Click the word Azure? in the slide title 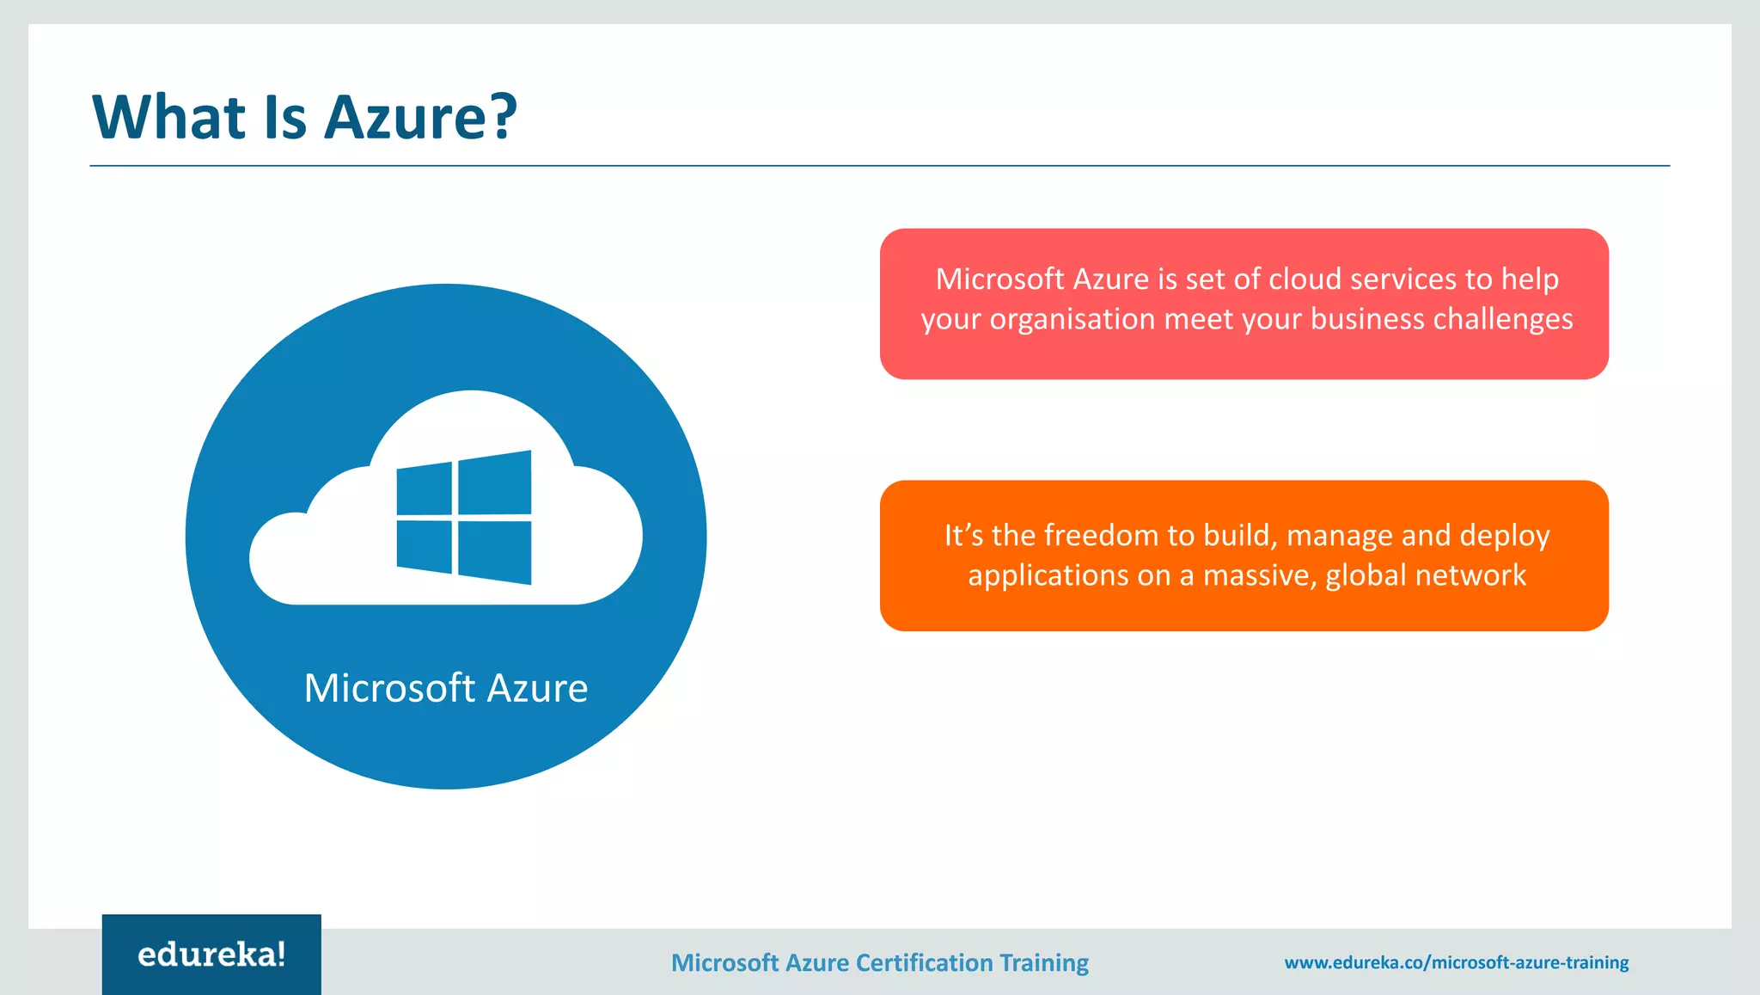pos(421,117)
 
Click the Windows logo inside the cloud pos(464,518)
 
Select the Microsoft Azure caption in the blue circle pos(446,688)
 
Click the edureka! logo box pos(211,955)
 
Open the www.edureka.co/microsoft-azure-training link pos(1457,962)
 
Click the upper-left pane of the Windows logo pos(425,489)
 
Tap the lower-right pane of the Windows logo pos(494,552)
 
